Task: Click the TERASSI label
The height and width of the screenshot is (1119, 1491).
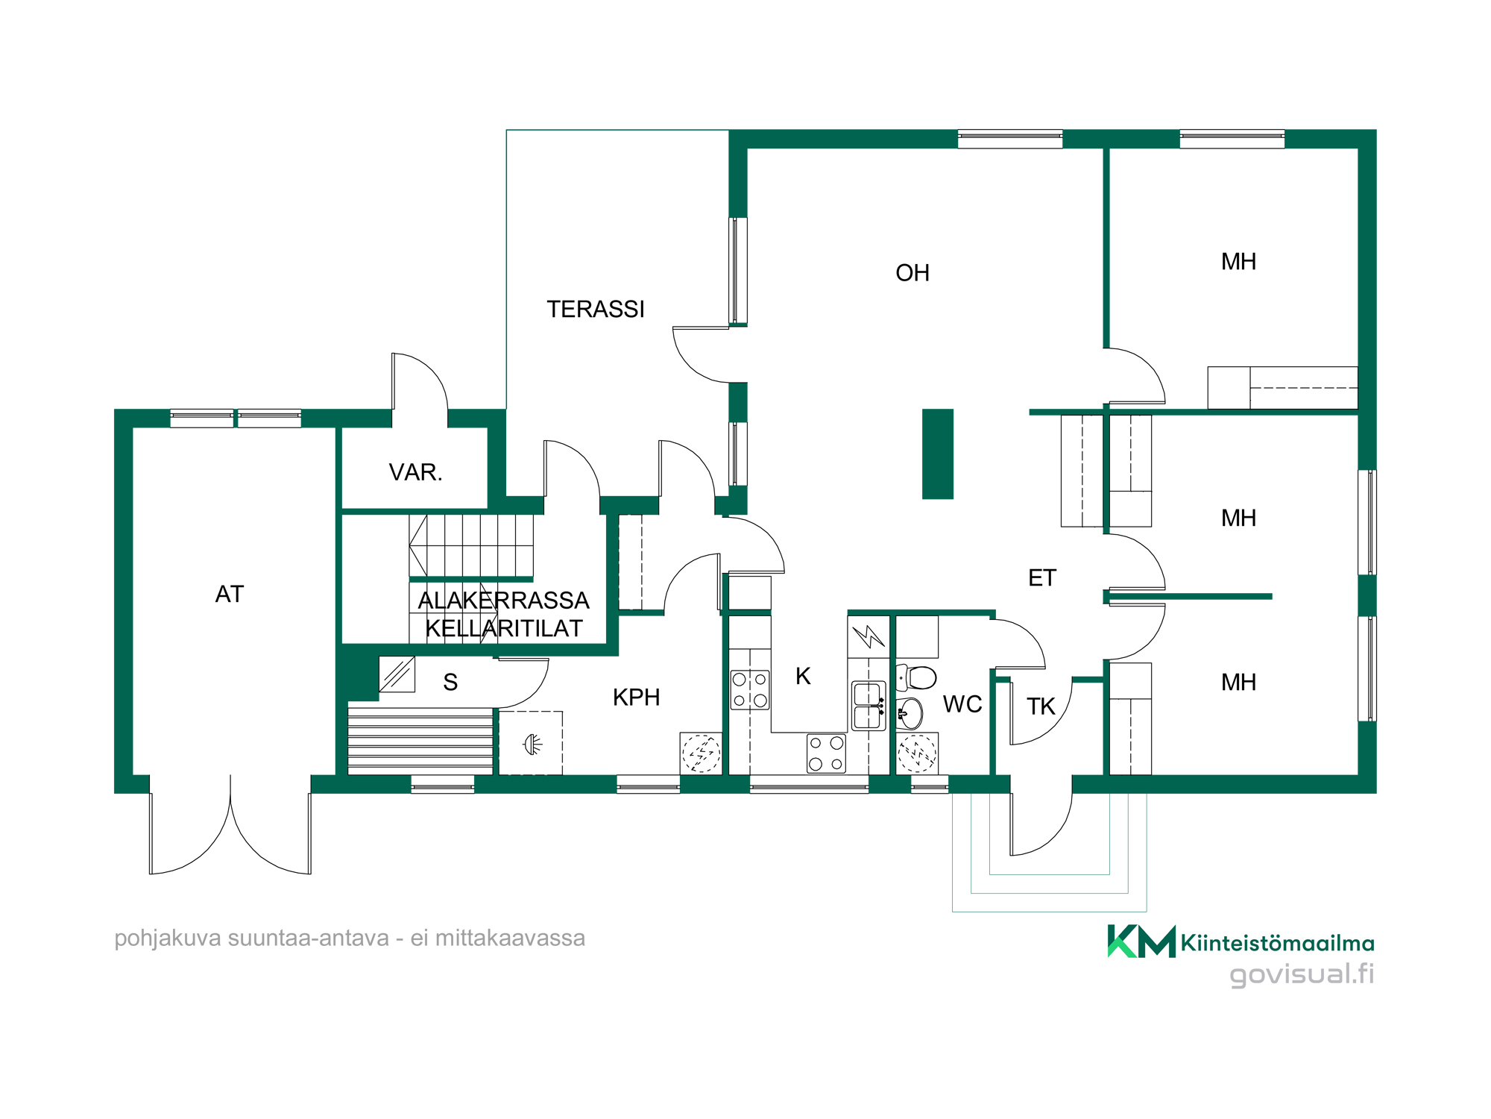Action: point(596,309)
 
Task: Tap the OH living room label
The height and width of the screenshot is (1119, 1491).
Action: point(912,273)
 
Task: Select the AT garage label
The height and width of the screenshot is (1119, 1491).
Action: point(230,594)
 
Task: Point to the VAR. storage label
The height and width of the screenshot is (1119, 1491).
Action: point(415,472)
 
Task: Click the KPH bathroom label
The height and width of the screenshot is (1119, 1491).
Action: point(637,698)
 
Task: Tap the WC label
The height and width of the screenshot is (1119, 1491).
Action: point(962,704)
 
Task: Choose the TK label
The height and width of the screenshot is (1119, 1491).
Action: point(1041,706)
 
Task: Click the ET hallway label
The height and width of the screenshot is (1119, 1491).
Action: point(1042,577)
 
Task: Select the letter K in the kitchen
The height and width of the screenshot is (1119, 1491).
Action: point(803,676)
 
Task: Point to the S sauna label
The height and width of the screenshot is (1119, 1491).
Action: point(450,682)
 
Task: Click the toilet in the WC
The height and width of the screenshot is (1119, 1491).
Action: point(916,677)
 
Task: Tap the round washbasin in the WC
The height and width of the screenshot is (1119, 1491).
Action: point(910,713)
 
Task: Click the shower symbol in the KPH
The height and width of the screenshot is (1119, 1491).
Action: point(532,744)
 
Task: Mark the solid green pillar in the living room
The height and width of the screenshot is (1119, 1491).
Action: point(938,454)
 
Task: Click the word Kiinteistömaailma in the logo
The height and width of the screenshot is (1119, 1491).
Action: point(1278,944)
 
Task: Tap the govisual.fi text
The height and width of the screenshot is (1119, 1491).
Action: point(1302,974)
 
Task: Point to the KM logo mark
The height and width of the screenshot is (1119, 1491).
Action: point(1141,941)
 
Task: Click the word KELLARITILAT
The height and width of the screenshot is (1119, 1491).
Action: point(504,629)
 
